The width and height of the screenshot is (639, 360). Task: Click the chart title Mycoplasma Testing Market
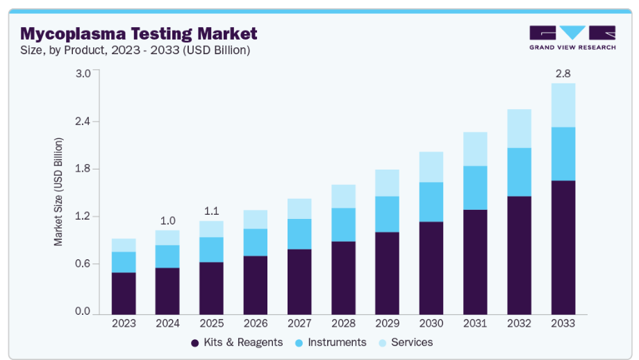[138, 33]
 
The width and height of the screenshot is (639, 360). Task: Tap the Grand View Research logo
[572, 38]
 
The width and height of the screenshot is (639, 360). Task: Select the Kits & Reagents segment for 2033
[563, 247]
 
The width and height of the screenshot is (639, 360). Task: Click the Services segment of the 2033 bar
[563, 105]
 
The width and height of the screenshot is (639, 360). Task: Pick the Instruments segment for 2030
[431, 202]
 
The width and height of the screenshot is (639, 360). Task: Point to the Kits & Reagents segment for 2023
[124, 293]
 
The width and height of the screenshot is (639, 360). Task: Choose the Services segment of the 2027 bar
[299, 208]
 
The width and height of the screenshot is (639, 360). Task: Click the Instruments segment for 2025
[211, 249]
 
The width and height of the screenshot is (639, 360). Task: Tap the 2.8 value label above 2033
[563, 73]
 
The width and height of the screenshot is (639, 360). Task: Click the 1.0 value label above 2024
[167, 221]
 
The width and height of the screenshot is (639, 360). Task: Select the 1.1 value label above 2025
[211, 211]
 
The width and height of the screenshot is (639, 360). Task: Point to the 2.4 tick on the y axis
[83, 121]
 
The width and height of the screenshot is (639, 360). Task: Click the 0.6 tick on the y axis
[83, 264]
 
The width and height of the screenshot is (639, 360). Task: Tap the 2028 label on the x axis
[343, 323]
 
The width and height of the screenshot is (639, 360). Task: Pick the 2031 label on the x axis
[475, 323]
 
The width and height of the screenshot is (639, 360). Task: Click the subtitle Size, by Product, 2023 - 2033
[135, 50]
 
